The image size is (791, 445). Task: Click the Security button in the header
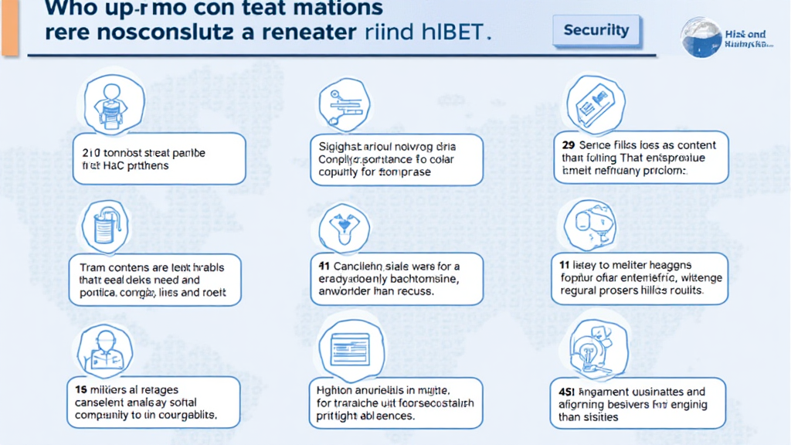[x=596, y=32]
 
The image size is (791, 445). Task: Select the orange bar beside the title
[x=9, y=28]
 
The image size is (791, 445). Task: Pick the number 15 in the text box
[x=80, y=389]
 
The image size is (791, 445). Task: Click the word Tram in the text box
[x=92, y=267]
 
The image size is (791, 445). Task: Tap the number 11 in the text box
[x=565, y=264]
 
